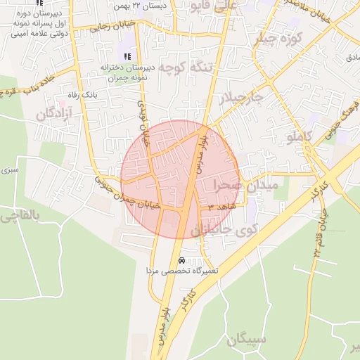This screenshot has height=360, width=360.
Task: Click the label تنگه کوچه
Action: (184, 68)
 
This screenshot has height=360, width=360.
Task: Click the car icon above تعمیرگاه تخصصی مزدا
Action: (183, 259)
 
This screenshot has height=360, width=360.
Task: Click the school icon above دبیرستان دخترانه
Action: (127, 56)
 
